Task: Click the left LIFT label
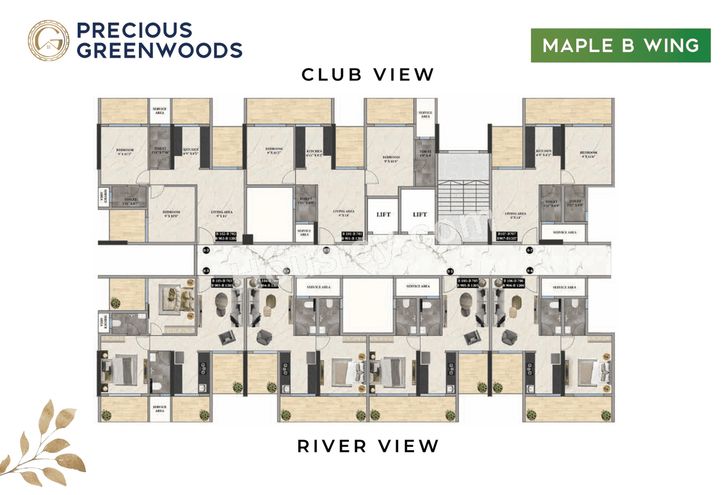[384, 215]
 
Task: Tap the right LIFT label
[420, 215]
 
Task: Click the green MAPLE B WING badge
[621, 45]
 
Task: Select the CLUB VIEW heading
[368, 75]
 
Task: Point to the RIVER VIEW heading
[368, 446]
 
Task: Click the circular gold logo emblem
[48, 41]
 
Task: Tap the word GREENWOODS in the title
[159, 50]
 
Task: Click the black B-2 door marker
[206, 250]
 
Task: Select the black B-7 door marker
[530, 250]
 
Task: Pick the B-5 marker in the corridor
[451, 271]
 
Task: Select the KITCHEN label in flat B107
[543, 152]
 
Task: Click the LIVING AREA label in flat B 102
[222, 214]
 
